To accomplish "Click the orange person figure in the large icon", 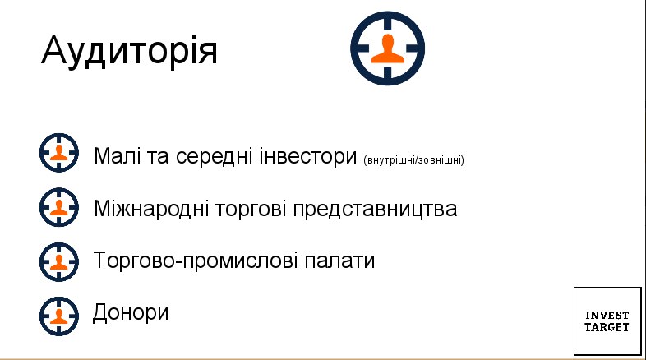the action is (388, 49).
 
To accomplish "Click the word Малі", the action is (117, 155).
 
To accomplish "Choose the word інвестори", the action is (307, 156).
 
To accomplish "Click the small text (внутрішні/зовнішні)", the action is (413, 159).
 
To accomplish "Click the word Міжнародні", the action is (151, 209).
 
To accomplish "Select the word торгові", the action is (251, 209).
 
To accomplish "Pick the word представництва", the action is (375, 209).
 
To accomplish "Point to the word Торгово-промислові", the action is (196, 261).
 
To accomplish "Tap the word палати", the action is (339, 261).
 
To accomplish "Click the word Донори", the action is (131, 312).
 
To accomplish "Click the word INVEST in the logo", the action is (607, 316).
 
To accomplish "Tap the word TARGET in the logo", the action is (607, 327).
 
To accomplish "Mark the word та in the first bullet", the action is (158, 157).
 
